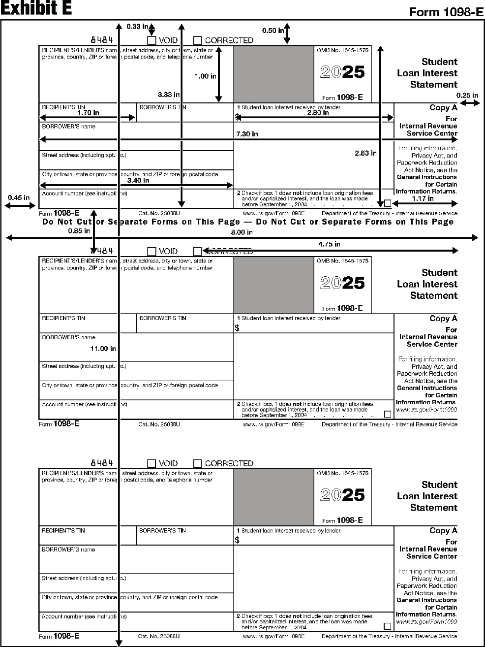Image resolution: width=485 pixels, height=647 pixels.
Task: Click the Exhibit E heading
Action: (x=36, y=8)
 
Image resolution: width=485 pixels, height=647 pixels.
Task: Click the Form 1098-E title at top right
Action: (x=446, y=12)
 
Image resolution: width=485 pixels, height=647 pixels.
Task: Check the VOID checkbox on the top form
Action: (x=152, y=41)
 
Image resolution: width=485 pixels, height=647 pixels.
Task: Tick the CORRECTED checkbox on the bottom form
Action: (x=197, y=463)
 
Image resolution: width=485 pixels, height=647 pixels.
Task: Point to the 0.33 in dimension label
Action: (x=137, y=27)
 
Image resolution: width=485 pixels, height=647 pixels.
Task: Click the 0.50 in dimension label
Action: (x=273, y=31)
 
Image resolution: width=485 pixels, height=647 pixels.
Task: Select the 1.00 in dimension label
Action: (x=205, y=76)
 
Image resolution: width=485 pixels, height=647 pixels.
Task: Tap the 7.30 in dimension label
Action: (x=247, y=134)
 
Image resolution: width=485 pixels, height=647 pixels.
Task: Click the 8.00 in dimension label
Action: (x=242, y=232)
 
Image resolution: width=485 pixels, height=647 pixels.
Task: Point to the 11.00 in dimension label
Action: (x=103, y=349)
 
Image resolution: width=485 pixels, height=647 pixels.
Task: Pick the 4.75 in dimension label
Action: (x=329, y=244)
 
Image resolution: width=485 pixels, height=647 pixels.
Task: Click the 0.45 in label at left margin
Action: (x=19, y=198)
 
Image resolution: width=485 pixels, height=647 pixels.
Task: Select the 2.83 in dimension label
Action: (x=365, y=153)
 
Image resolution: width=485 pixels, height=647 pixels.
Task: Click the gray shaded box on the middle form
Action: (x=273, y=285)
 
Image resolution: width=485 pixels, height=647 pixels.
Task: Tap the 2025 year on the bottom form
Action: (x=342, y=495)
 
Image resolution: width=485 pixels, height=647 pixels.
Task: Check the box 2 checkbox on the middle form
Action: (x=388, y=414)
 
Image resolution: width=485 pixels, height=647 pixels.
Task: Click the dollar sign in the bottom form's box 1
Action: (x=237, y=540)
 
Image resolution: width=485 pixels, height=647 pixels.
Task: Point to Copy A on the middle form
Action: (x=443, y=319)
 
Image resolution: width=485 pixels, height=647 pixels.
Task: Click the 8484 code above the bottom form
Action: (x=102, y=463)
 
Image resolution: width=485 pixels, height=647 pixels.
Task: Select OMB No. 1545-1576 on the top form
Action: (x=342, y=50)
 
